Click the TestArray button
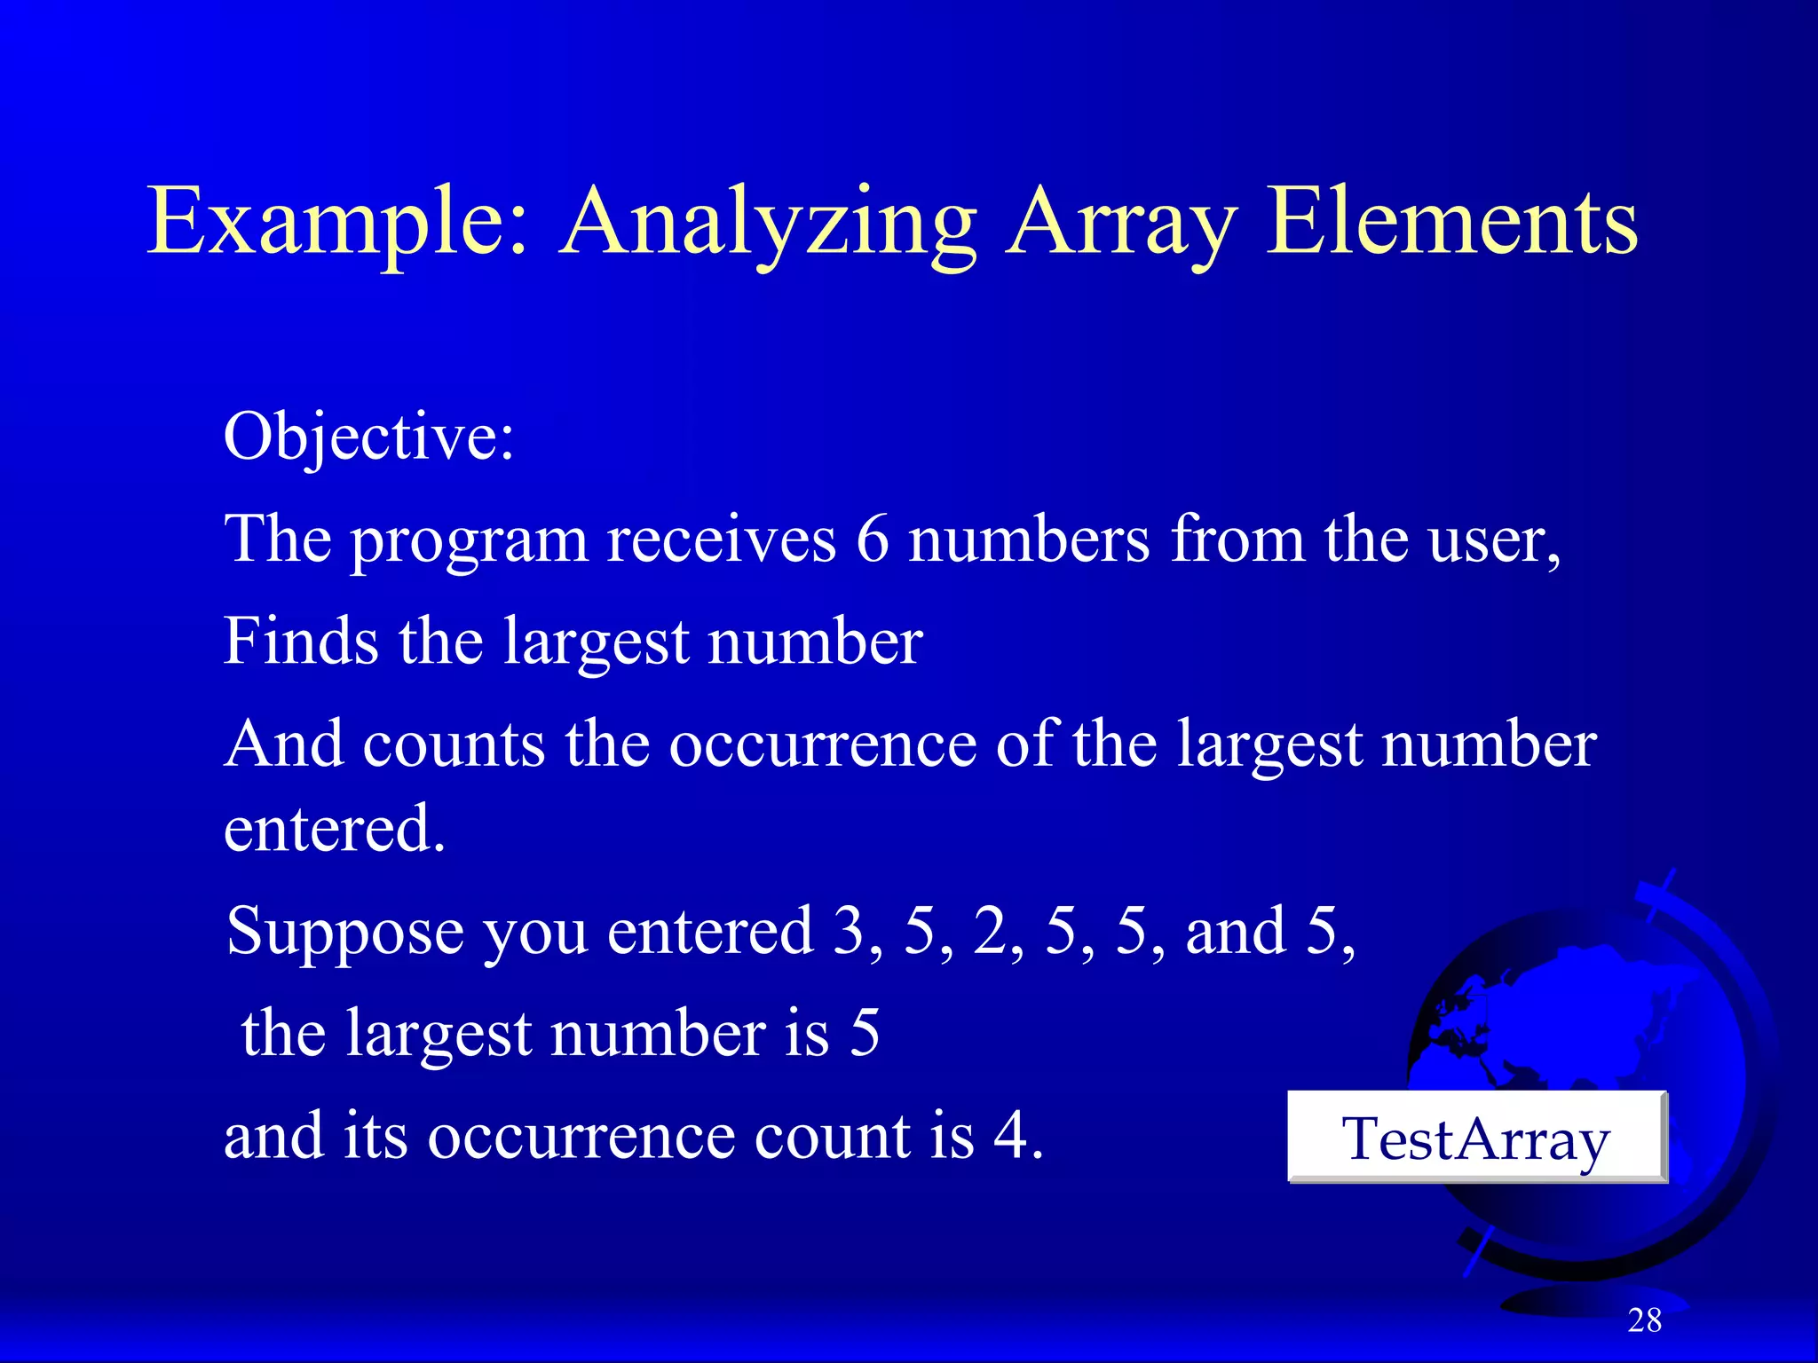pos(1476,1138)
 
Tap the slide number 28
pos(1644,1320)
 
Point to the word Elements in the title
pos(1451,222)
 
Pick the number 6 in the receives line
pos(872,540)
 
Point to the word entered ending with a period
pos(334,829)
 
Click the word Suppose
pos(344,932)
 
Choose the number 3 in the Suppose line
pos(849,932)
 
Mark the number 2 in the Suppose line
pos(989,932)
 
